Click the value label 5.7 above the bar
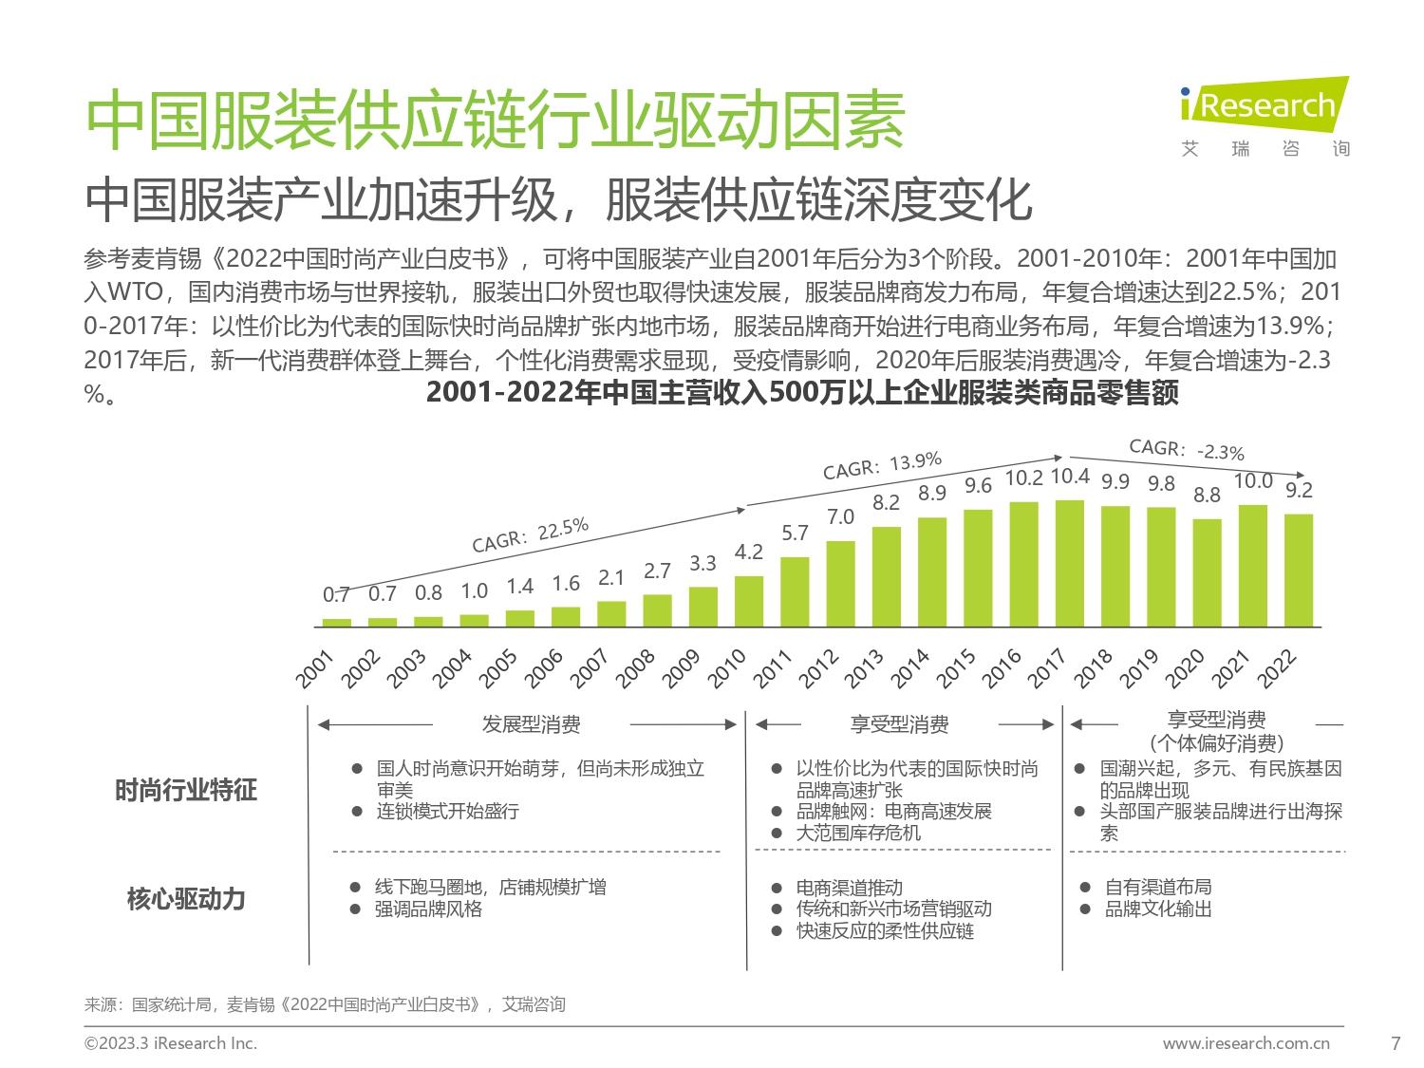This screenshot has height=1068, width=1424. pos(795,534)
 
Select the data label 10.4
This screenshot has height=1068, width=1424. pos(1071,477)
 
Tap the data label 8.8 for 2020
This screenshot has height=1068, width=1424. pos(1207,495)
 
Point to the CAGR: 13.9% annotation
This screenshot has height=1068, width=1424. pos(882,465)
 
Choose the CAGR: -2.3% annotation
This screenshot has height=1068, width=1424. pos(1186,449)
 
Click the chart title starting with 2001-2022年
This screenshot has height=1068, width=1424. pos(802,393)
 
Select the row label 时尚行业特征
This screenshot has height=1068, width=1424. pos(186,790)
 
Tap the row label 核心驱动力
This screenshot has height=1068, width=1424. pos(186,898)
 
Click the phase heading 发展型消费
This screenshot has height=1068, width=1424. pos(531,725)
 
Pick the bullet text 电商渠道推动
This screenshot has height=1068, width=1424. pos(849,888)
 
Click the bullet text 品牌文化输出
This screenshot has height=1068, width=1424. pos(1158,909)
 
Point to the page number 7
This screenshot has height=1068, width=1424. pos(1395,1043)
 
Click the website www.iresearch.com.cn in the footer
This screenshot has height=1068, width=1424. pos(1246,1043)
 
